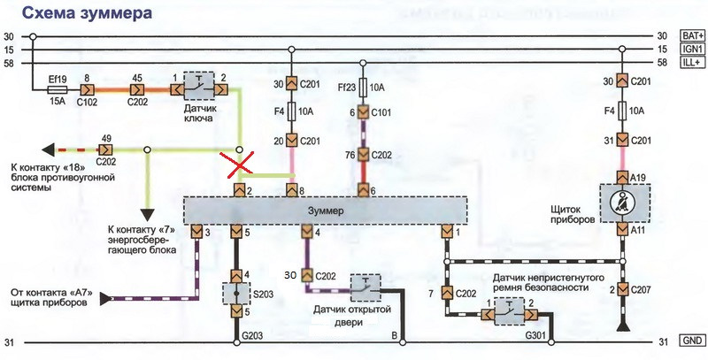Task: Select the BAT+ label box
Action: [x=692, y=35]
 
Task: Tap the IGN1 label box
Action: [x=692, y=50]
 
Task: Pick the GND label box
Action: [x=692, y=341]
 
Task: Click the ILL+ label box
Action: [x=692, y=63]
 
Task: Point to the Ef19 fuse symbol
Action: [x=58, y=89]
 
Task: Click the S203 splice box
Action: [x=236, y=294]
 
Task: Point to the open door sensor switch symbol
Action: [x=366, y=287]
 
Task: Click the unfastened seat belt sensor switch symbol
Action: [x=509, y=311]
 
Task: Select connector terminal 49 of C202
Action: [x=105, y=149]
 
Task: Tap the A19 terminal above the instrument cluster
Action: [x=622, y=177]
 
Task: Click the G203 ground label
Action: [x=251, y=335]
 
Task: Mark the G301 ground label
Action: [x=536, y=335]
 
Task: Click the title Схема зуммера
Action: [x=87, y=13]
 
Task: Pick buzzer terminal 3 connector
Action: [x=196, y=232]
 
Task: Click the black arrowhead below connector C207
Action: [x=622, y=326]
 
